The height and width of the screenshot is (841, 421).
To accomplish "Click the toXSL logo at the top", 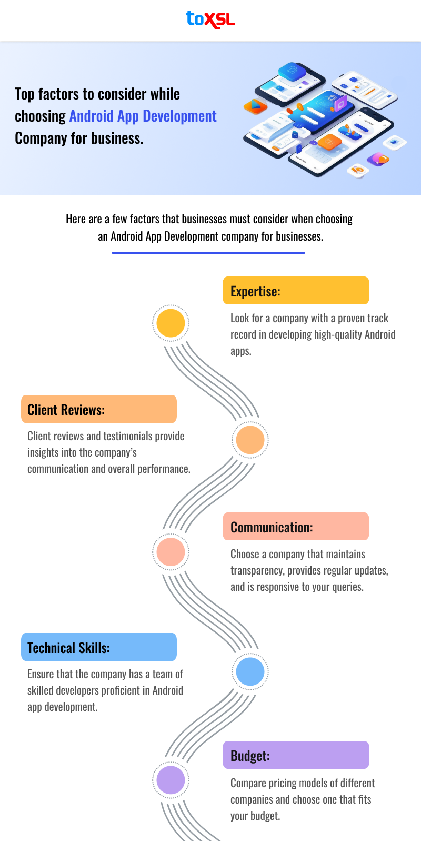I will (210, 19).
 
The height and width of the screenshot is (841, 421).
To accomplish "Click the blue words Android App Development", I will (143, 116).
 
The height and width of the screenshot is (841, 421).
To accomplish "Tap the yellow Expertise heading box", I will (296, 291).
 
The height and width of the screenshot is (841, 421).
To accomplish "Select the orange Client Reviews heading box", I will (99, 409).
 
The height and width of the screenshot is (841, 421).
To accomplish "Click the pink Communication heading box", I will (296, 527).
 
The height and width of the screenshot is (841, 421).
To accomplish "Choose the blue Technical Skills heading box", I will (99, 647).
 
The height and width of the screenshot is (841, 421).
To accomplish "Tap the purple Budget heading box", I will (296, 755).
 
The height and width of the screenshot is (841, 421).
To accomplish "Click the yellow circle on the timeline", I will (171, 323).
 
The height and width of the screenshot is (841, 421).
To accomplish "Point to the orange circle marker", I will (250, 440).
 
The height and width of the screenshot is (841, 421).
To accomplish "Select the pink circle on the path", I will (171, 552).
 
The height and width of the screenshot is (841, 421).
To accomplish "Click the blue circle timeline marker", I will (250, 671).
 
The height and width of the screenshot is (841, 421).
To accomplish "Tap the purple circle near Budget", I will (171, 780).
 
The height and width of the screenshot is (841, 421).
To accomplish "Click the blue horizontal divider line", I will (208, 253).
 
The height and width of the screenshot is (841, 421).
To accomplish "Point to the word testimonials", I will (128, 436).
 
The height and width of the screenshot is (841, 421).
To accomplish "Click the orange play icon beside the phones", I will (255, 106).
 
